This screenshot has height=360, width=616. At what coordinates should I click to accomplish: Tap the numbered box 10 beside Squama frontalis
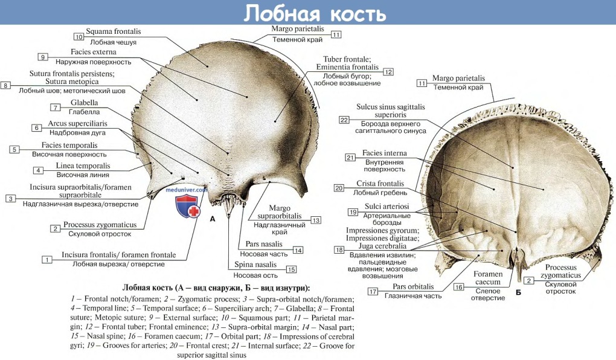click(x=79, y=36)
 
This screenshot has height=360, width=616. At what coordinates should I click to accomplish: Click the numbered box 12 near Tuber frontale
click(x=388, y=72)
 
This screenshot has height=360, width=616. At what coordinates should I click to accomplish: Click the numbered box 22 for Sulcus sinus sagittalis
click(x=344, y=120)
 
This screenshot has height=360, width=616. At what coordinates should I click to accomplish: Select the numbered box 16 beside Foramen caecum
click(x=459, y=287)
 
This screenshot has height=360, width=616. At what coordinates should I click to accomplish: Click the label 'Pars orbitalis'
click(x=413, y=286)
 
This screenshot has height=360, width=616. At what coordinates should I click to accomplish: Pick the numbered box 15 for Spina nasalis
click(x=292, y=269)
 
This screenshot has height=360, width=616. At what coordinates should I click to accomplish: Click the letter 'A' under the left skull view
click(x=213, y=219)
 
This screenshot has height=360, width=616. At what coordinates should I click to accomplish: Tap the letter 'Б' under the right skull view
click(x=518, y=292)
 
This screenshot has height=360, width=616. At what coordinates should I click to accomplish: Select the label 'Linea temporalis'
click(x=83, y=166)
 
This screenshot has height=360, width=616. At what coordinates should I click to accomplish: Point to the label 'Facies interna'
click(x=385, y=153)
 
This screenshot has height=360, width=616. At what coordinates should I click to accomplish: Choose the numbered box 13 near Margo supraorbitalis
click(x=316, y=220)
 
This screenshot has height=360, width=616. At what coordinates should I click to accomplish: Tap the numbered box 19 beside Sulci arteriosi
click(x=353, y=211)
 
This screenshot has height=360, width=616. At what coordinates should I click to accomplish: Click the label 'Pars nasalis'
click(x=264, y=244)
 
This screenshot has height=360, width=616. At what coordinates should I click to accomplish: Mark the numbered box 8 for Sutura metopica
click(x=6, y=86)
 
